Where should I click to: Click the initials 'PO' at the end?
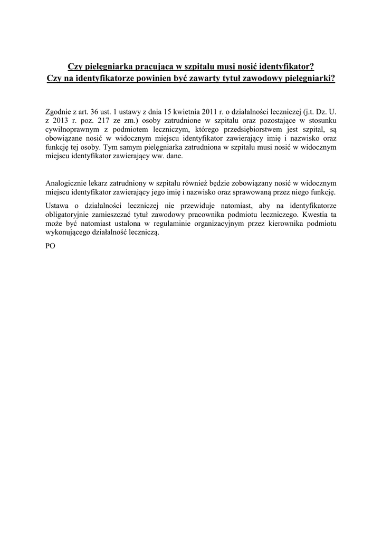pyautogui.click(x=51, y=246)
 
